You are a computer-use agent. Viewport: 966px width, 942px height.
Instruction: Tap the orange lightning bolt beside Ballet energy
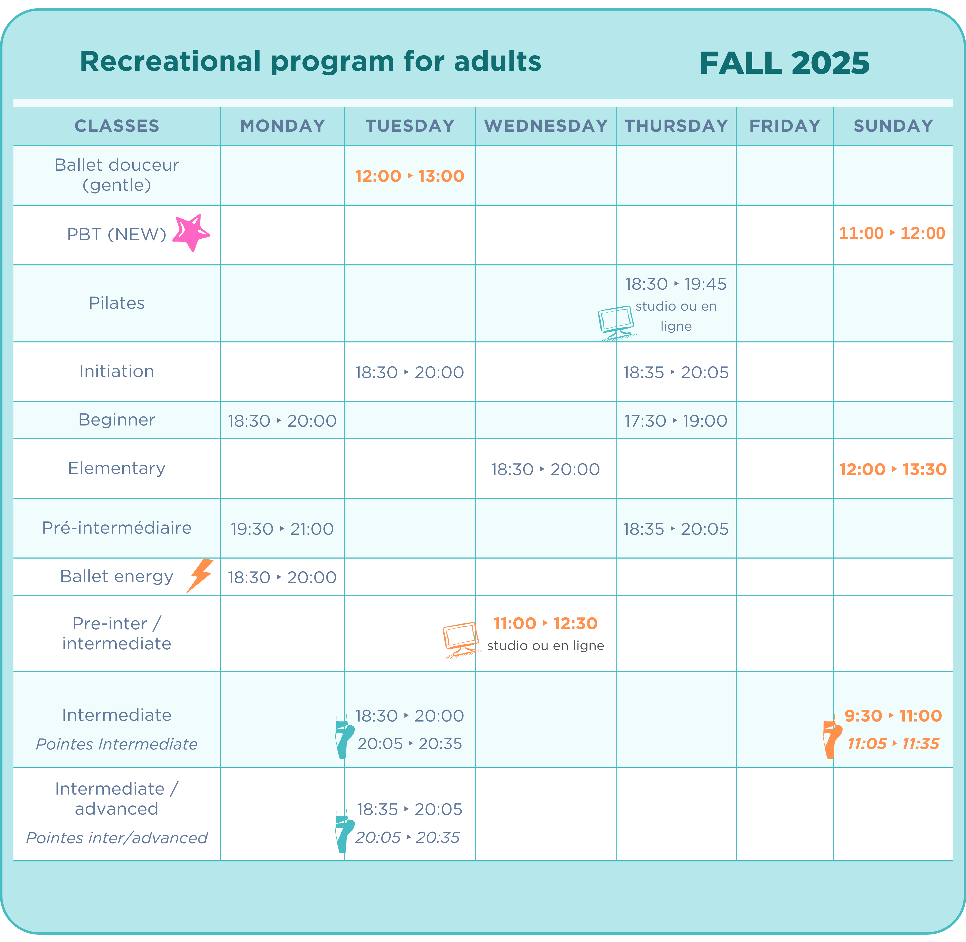pos(200,576)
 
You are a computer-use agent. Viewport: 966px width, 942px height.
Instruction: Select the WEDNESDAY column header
pos(546,126)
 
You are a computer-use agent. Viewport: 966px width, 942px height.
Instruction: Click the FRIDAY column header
pos(785,126)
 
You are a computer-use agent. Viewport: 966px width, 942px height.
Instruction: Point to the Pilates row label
pos(117,303)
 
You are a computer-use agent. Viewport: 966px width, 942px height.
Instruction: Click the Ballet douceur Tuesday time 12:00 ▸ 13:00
pos(410,176)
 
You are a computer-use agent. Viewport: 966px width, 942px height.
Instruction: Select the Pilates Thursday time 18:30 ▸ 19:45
pos(676,284)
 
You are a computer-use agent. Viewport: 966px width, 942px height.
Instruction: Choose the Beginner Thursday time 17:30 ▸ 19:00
pos(676,421)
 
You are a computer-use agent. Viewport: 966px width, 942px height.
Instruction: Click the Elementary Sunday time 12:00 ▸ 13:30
pos(893,469)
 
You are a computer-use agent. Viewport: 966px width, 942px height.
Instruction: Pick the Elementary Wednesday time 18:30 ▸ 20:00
pos(545,469)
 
